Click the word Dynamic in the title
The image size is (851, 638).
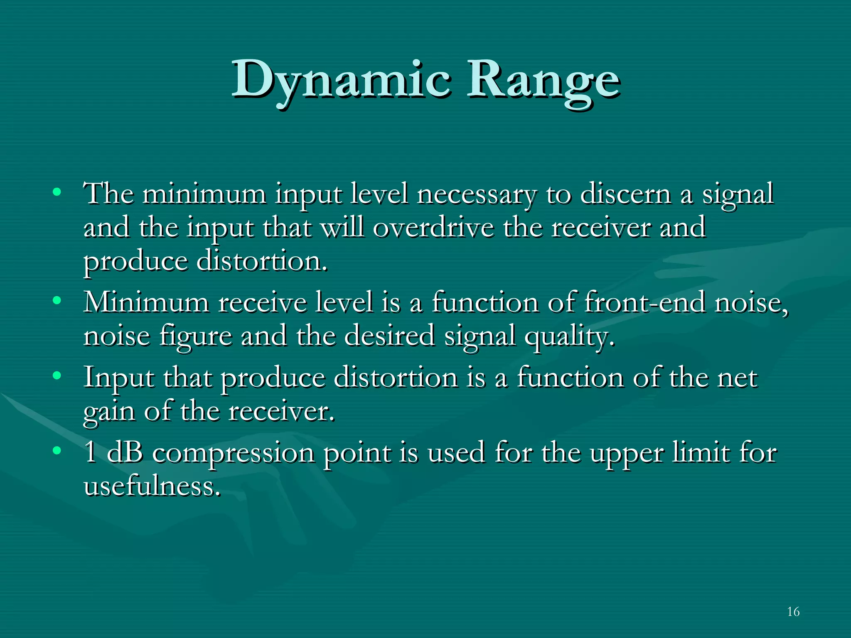point(341,80)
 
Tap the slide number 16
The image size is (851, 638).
point(793,611)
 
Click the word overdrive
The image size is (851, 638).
point(433,228)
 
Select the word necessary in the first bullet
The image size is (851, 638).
point(477,194)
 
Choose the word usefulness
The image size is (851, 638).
point(151,486)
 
